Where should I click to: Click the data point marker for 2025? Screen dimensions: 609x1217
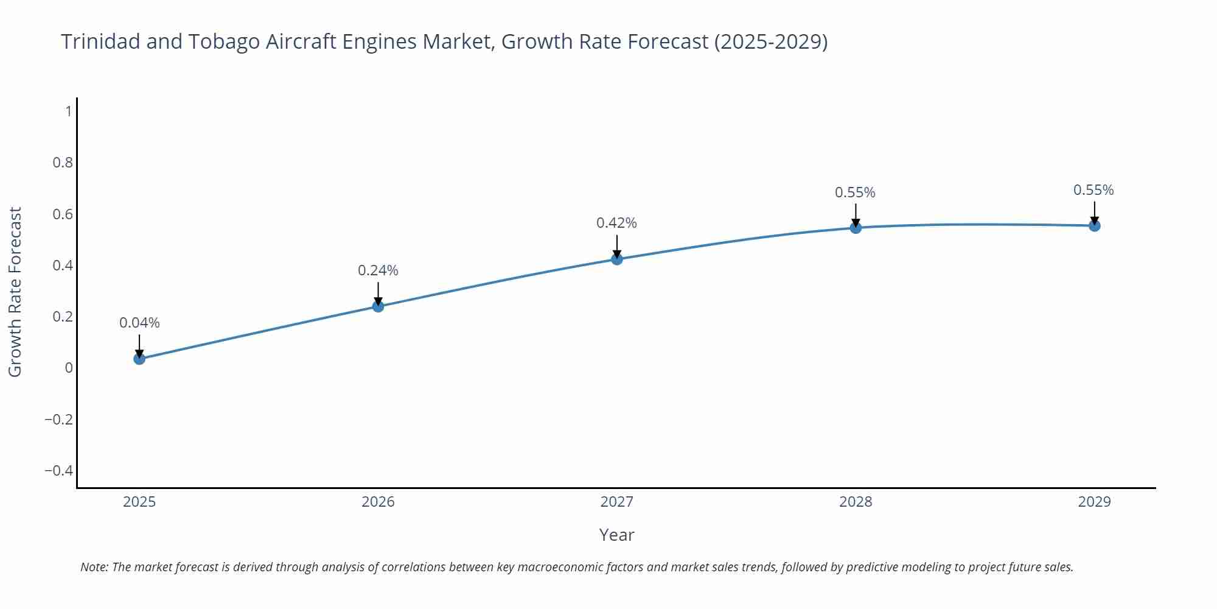pos(139,359)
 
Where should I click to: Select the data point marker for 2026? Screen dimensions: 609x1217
pos(378,306)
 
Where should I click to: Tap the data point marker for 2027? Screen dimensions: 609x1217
pos(616,259)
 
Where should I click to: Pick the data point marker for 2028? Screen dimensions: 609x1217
pos(856,228)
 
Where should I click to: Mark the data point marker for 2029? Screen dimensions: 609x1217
pos(1094,226)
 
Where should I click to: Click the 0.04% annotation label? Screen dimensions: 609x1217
pos(139,323)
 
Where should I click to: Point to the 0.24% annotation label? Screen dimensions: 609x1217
pos(378,270)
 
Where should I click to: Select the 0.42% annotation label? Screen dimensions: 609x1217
pos(616,223)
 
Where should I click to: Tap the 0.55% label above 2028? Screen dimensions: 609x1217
pos(855,192)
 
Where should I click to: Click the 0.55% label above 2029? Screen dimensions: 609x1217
pos(1093,190)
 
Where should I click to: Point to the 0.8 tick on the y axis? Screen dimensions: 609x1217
pos(63,163)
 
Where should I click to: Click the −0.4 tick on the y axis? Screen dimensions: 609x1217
pos(58,471)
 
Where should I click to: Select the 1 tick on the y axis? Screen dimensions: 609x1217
pos(69,111)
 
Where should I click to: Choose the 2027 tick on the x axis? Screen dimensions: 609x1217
pos(616,502)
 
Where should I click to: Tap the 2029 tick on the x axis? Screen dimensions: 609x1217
pos(1094,502)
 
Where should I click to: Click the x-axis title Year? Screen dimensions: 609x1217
pos(616,535)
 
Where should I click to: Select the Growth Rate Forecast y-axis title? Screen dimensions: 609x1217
pos(15,292)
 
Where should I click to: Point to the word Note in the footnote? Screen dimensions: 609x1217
pos(94,567)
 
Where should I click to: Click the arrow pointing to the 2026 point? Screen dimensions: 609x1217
pos(378,293)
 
